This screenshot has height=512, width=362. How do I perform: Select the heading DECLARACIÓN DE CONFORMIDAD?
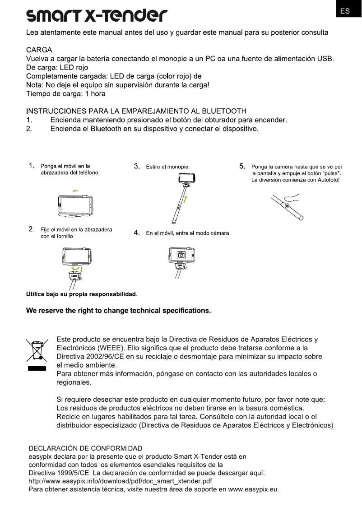click(x=85, y=449)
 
